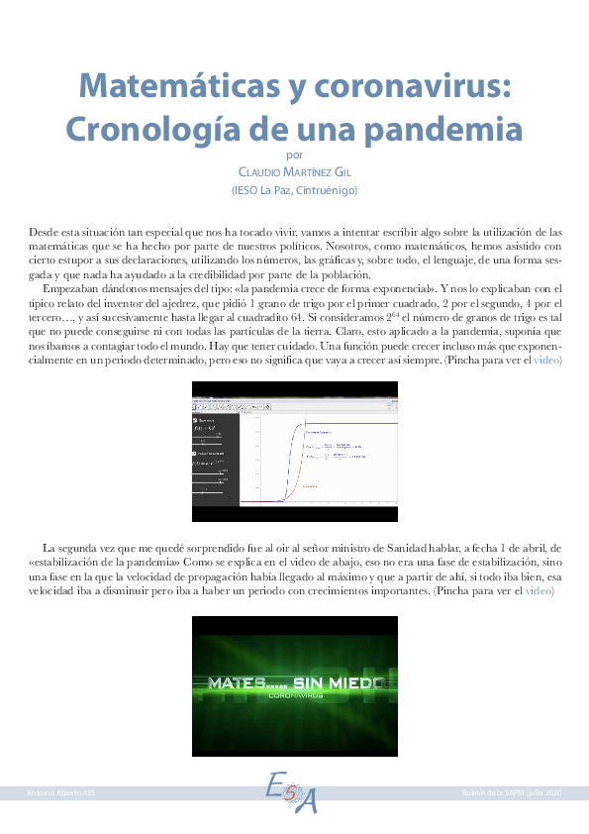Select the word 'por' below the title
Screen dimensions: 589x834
point(294,155)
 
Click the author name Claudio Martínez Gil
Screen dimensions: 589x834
point(294,171)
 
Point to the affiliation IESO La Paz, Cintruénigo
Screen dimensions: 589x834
point(294,190)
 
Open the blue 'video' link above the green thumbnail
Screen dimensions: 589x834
point(539,590)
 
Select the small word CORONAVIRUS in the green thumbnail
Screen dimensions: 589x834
point(294,695)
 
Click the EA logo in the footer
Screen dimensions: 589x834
point(293,792)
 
